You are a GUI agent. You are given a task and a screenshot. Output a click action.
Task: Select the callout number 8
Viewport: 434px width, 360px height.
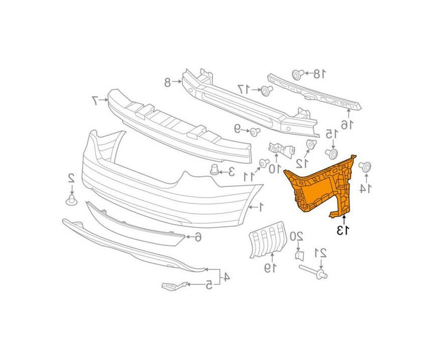pos(168,82)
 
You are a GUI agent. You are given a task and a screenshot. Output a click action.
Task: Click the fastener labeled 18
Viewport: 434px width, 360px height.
pos(298,74)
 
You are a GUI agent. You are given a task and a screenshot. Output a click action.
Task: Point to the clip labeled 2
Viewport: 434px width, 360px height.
pos(71,200)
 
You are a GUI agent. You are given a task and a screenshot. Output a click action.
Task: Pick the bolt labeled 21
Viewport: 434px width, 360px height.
pos(314,271)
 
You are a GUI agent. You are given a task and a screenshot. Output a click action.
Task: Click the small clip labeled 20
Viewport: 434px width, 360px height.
pos(300,255)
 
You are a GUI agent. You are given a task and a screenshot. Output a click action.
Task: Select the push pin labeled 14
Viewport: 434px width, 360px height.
pos(365,167)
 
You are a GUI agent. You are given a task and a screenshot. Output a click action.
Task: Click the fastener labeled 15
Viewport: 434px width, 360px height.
pos(331,154)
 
